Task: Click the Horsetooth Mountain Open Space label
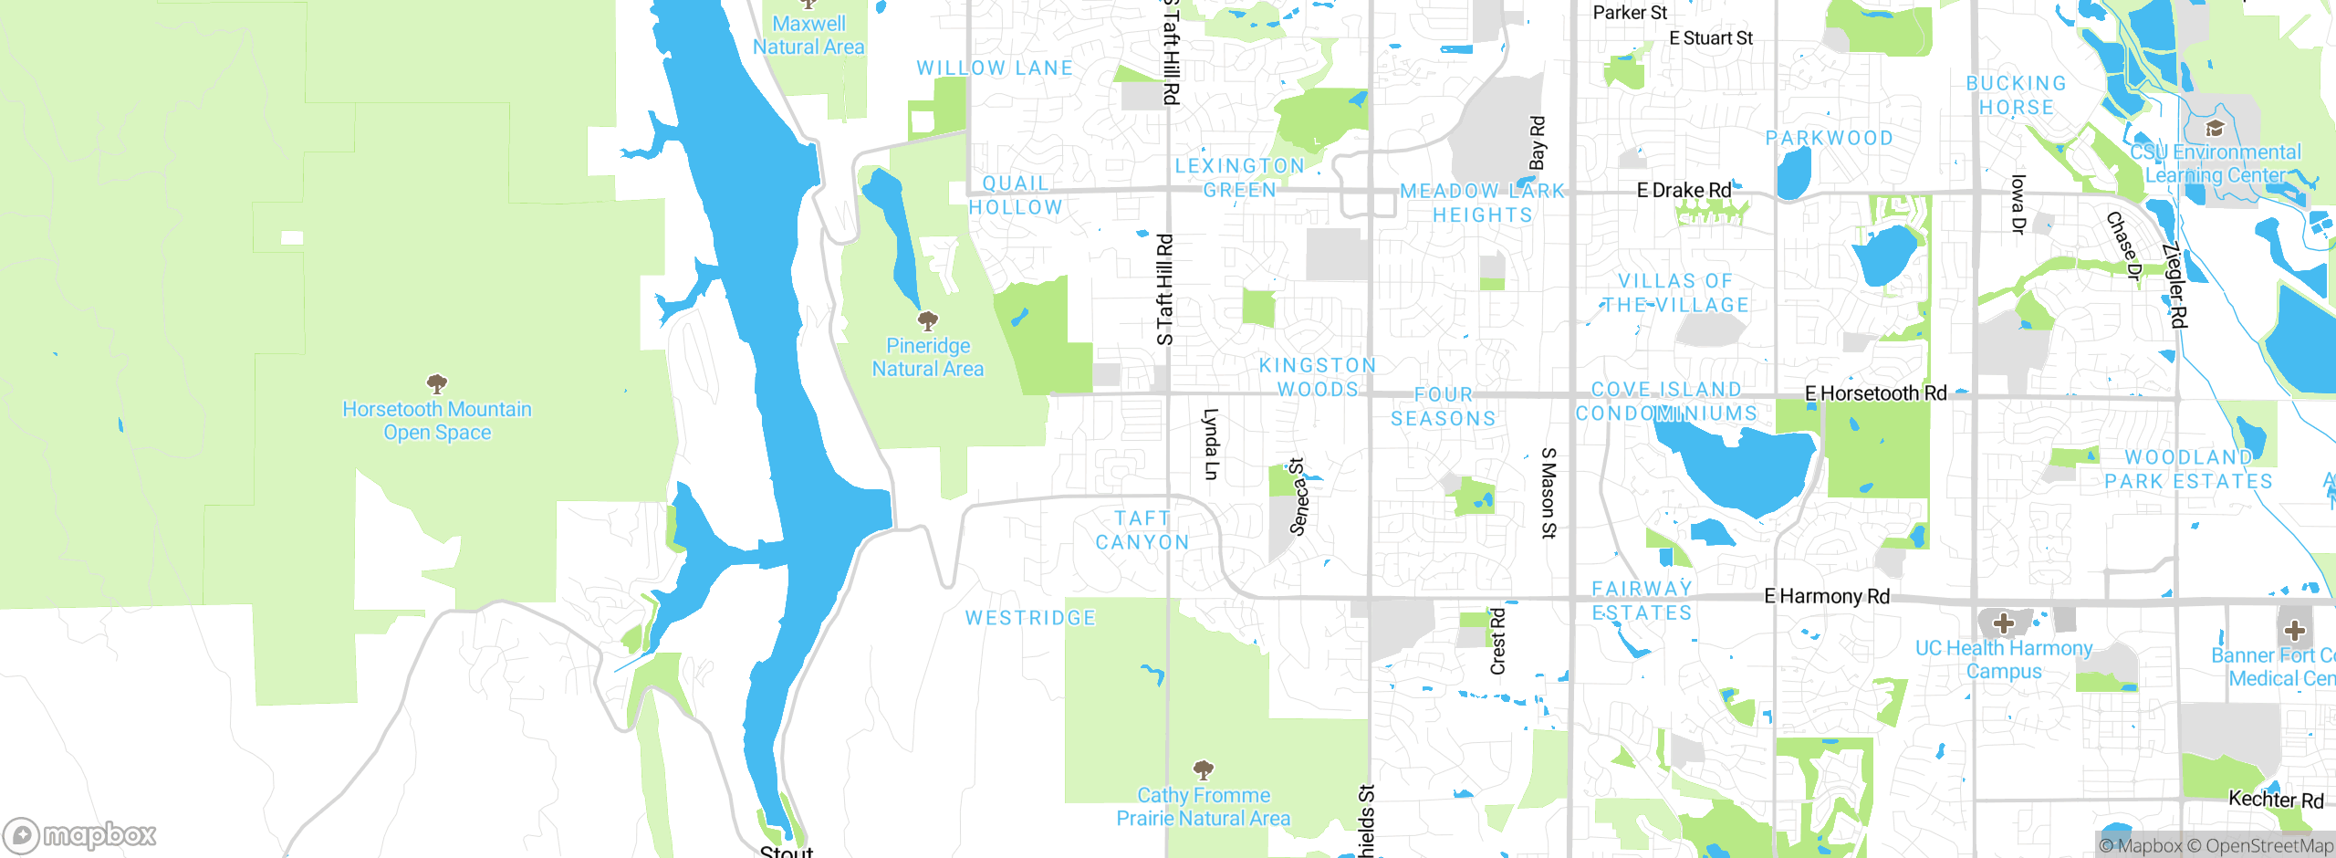pyautogui.click(x=437, y=421)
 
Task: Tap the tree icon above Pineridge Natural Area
pyautogui.click(x=928, y=320)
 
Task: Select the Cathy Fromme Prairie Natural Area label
pyautogui.click(x=1203, y=807)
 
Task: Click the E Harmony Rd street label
pyautogui.click(x=1826, y=596)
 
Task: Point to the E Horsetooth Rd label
pyautogui.click(x=1875, y=393)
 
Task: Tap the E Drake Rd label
pyautogui.click(x=1684, y=190)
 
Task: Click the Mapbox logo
pyautogui.click(x=80, y=834)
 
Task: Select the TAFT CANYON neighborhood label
pyautogui.click(x=1142, y=530)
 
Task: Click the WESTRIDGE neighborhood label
pyautogui.click(x=1030, y=618)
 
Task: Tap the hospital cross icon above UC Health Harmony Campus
pyautogui.click(x=2003, y=623)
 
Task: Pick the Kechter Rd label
pyautogui.click(x=2275, y=800)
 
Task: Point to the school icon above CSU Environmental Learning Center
pyautogui.click(x=2215, y=128)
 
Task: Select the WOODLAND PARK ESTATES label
pyautogui.click(x=2188, y=469)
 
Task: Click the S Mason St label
pyautogui.click(x=1549, y=493)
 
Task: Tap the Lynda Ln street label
pyautogui.click(x=1211, y=444)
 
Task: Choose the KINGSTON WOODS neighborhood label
pyautogui.click(x=1317, y=377)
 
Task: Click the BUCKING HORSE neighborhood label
pyautogui.click(x=2016, y=95)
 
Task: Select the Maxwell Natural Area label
pyautogui.click(x=808, y=36)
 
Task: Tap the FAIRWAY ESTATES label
pyautogui.click(x=1642, y=601)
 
